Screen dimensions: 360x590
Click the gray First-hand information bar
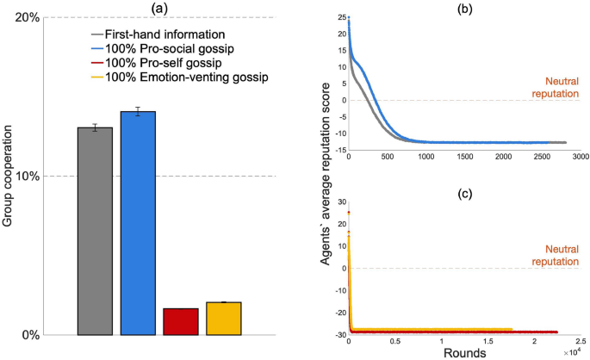(x=95, y=231)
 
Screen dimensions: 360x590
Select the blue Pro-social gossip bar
(x=138, y=223)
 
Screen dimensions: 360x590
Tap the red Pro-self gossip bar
(x=181, y=321)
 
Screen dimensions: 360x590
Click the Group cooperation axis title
(x=9, y=177)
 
